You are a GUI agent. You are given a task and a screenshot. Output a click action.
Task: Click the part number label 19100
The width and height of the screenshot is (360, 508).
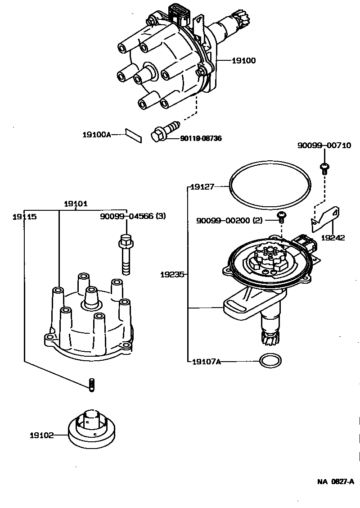click(x=243, y=60)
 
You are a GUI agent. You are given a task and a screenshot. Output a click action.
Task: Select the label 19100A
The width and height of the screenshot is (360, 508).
click(x=96, y=134)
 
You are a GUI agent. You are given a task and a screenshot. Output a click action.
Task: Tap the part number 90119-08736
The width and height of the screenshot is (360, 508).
click(x=201, y=138)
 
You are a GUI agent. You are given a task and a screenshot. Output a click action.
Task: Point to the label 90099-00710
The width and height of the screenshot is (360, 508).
click(x=324, y=145)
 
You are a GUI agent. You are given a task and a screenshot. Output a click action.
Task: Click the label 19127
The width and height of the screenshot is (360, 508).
click(x=202, y=186)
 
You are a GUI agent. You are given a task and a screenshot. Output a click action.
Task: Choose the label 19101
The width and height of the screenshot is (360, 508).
click(x=76, y=204)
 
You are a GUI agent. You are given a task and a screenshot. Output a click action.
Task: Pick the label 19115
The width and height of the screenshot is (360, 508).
click(x=24, y=216)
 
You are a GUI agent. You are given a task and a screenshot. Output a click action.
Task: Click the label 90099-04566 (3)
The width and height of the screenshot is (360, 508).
click(x=133, y=216)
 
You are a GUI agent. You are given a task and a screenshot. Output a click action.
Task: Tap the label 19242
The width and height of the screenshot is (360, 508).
click(x=333, y=237)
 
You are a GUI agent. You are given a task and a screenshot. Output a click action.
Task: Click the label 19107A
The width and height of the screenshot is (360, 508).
click(x=206, y=361)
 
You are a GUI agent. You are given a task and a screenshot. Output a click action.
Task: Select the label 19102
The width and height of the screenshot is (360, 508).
click(x=42, y=435)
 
